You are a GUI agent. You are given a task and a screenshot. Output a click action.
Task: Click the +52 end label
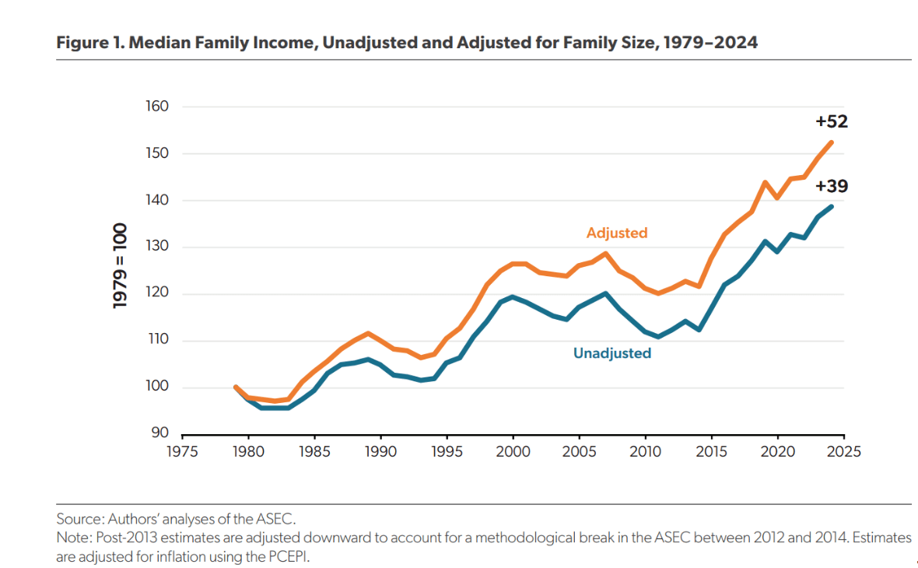pyautogui.click(x=832, y=121)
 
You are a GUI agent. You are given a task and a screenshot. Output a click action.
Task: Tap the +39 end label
pyautogui.click(x=832, y=187)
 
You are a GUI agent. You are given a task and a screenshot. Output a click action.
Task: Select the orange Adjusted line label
pyautogui.click(x=617, y=233)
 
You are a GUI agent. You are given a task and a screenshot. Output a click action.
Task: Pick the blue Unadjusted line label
pyautogui.click(x=612, y=353)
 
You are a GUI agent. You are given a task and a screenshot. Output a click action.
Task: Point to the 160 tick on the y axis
pyautogui.click(x=157, y=107)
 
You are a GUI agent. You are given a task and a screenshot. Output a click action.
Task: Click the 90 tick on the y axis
pyautogui.click(x=160, y=433)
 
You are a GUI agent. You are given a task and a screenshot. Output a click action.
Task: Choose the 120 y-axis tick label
pyautogui.click(x=157, y=294)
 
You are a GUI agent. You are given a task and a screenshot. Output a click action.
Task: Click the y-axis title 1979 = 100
pyautogui.click(x=121, y=267)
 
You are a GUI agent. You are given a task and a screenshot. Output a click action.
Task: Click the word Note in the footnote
pyautogui.click(x=71, y=538)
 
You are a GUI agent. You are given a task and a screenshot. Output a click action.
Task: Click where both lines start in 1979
pyautogui.click(x=235, y=387)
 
